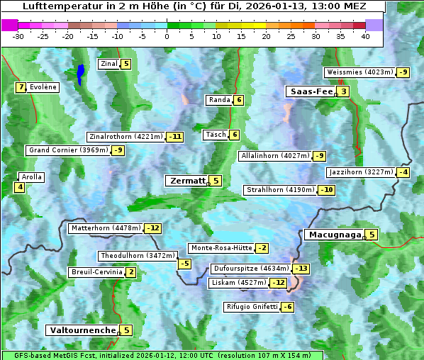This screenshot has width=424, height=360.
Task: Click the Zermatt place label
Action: [187, 181]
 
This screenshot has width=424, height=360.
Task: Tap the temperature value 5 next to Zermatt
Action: [216, 181]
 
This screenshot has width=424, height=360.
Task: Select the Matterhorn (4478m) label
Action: [106, 228]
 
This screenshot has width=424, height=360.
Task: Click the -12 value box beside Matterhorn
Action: [152, 228]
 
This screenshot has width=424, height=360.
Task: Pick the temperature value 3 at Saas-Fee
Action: [343, 91]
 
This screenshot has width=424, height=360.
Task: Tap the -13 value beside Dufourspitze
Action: [301, 269]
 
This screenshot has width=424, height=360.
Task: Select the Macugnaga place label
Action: [334, 235]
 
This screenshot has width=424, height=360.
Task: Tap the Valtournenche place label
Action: [82, 330]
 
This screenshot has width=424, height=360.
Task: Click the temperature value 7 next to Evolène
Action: [21, 87]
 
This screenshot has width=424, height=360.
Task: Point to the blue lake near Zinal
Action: [81, 73]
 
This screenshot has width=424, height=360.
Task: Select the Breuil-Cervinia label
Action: [96, 272]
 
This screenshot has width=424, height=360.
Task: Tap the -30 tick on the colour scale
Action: [18, 36]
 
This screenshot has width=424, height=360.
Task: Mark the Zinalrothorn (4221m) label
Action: [125, 137]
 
